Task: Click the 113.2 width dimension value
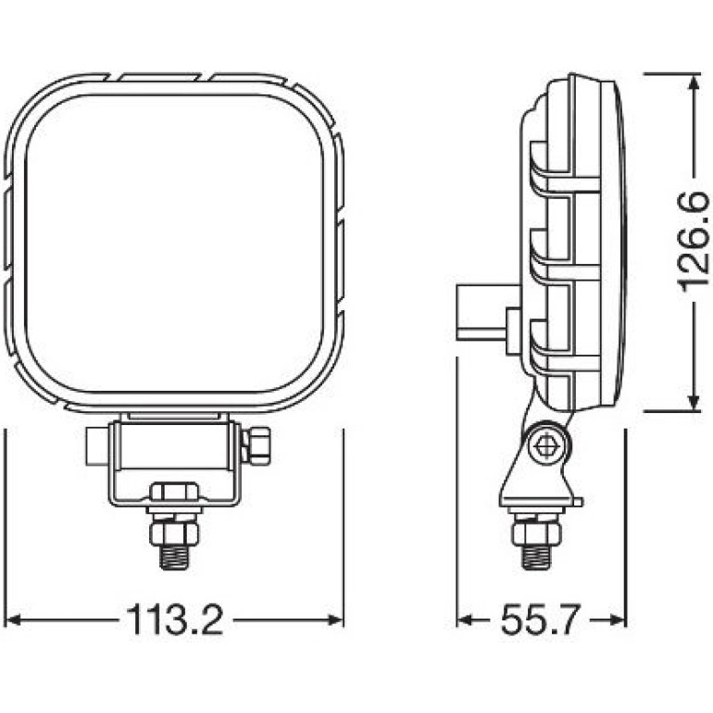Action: tap(175, 619)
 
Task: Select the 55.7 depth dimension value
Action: tap(541, 619)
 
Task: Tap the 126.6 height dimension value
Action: tap(693, 242)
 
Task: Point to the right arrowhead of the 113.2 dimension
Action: tap(335, 619)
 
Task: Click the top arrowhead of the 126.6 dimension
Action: tap(694, 82)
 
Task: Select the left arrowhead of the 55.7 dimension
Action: tap(465, 620)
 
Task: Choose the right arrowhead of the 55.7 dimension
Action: tap(619, 620)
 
